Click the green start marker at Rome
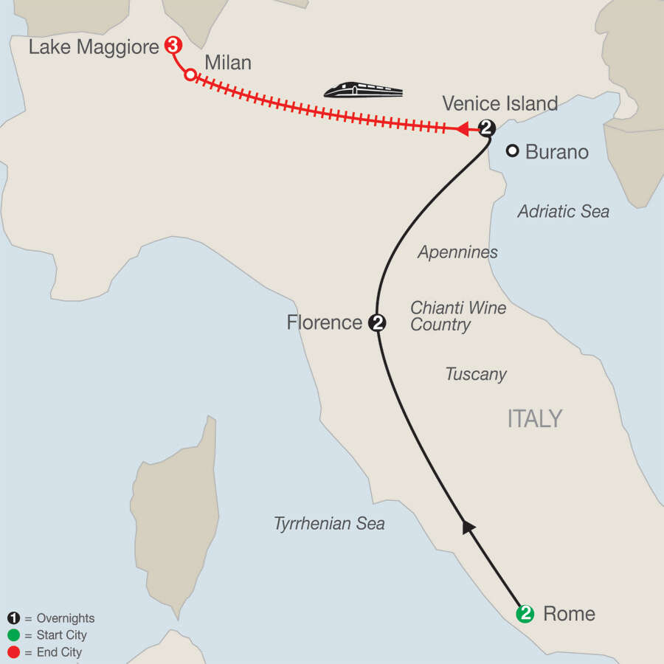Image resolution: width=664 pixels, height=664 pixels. point(525,613)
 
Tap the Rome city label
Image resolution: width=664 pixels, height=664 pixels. point(568,614)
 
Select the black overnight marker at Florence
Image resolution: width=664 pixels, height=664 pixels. point(377,322)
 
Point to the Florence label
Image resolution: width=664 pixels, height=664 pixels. point(325,322)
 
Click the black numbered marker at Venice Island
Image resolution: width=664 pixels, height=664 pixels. point(486,128)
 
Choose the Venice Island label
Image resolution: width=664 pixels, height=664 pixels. point(499,103)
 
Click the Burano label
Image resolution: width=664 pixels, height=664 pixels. point(557,152)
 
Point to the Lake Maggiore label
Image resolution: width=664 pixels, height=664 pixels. point(94,48)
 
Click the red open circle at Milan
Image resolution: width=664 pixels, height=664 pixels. point(190,75)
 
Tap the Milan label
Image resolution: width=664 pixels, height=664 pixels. point(228,63)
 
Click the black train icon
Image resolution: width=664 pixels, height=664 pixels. point(364,90)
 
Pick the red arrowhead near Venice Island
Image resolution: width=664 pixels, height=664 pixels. point(463,129)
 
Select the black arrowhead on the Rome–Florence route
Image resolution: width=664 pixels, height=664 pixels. point(468,527)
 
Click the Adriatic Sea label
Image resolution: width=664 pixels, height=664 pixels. point(564,212)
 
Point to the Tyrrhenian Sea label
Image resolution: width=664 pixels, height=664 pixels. point(329,524)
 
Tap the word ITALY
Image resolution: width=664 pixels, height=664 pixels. point(535,419)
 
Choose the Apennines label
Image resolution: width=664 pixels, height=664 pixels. point(457,252)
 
